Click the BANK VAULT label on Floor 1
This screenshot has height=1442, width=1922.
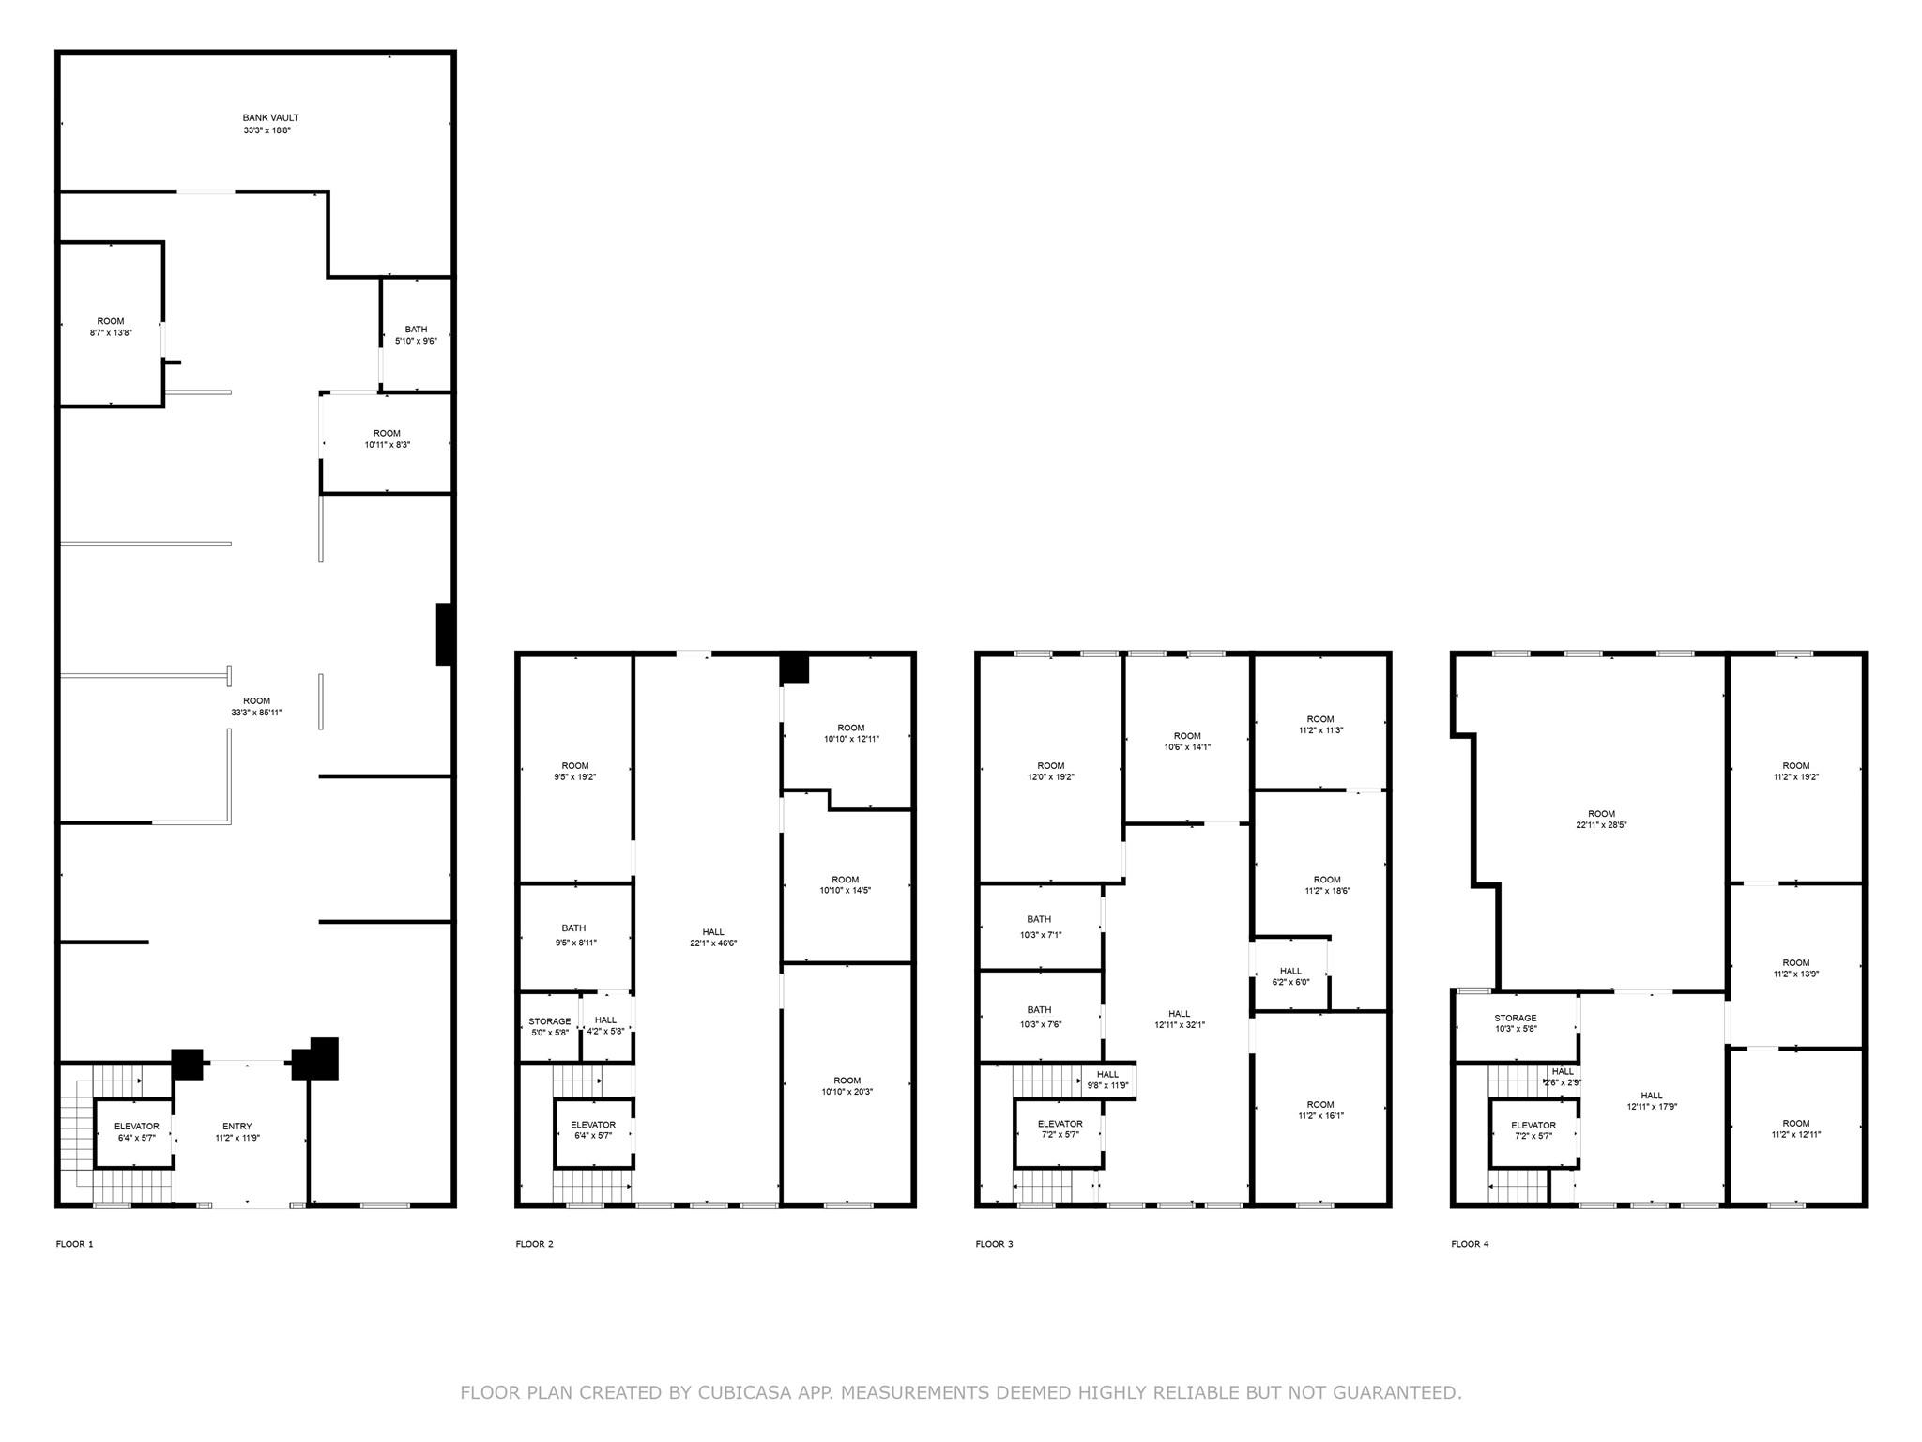click(270, 118)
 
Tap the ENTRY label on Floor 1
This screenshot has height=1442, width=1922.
click(237, 1127)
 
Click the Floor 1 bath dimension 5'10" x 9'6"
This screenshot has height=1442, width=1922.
click(416, 341)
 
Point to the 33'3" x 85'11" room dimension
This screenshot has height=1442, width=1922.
click(256, 713)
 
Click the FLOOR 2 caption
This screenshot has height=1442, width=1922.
click(534, 1244)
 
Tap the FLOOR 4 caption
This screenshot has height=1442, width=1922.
click(1470, 1244)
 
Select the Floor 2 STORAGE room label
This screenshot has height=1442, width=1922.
click(550, 1021)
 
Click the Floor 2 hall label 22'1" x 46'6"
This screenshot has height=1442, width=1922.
click(713, 943)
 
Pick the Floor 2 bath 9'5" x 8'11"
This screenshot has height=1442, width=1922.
click(575, 935)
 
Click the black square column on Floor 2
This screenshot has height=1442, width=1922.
click(795, 668)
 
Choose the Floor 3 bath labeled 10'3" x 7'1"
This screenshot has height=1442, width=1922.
click(1039, 927)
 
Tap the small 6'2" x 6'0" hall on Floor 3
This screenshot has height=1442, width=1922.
click(1290, 976)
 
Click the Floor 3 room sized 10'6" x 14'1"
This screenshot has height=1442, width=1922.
click(1187, 740)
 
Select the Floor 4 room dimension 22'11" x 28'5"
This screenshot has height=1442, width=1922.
click(1601, 825)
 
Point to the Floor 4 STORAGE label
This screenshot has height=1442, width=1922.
click(1516, 1018)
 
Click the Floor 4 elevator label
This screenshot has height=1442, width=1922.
click(1533, 1126)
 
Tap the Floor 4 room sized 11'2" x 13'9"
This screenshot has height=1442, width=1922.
click(1796, 967)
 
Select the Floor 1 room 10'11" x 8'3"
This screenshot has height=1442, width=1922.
click(387, 439)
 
